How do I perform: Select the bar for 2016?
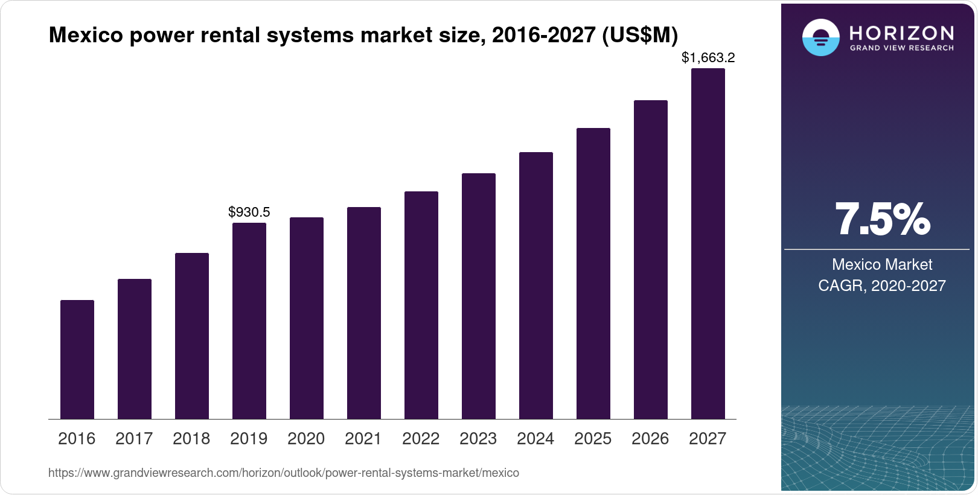tap(77, 360)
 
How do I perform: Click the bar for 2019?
tap(249, 321)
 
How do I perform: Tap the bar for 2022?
tap(421, 305)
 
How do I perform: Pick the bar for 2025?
tap(593, 273)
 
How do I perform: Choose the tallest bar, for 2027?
tap(708, 244)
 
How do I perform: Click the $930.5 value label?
tap(249, 212)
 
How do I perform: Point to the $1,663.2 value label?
tap(708, 58)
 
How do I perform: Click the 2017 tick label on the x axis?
tap(134, 439)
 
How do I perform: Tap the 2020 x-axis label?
tap(306, 439)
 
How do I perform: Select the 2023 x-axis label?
tap(478, 439)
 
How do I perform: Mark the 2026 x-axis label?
tap(650, 439)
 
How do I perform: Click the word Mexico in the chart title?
tap(85, 36)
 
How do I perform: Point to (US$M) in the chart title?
tap(640, 36)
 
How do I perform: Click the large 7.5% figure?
tap(882, 220)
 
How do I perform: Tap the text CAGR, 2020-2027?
tap(882, 286)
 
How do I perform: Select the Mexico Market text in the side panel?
tap(882, 264)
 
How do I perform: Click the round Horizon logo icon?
tap(820, 38)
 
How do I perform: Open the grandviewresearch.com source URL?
tap(284, 473)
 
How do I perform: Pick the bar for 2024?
tap(536, 286)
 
